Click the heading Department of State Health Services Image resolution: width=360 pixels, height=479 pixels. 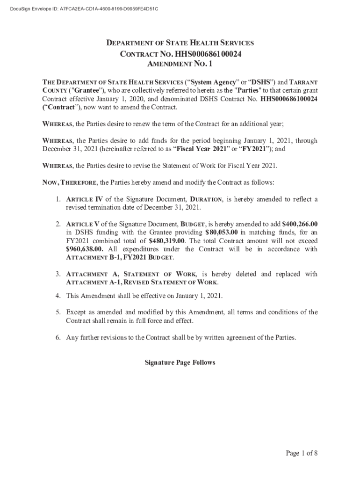point(180,43)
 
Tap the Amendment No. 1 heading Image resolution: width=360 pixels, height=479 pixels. point(180,64)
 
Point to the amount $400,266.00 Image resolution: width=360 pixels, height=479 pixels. point(300,224)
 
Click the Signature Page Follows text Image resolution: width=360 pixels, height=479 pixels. point(180,363)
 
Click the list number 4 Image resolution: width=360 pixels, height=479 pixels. point(58,296)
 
